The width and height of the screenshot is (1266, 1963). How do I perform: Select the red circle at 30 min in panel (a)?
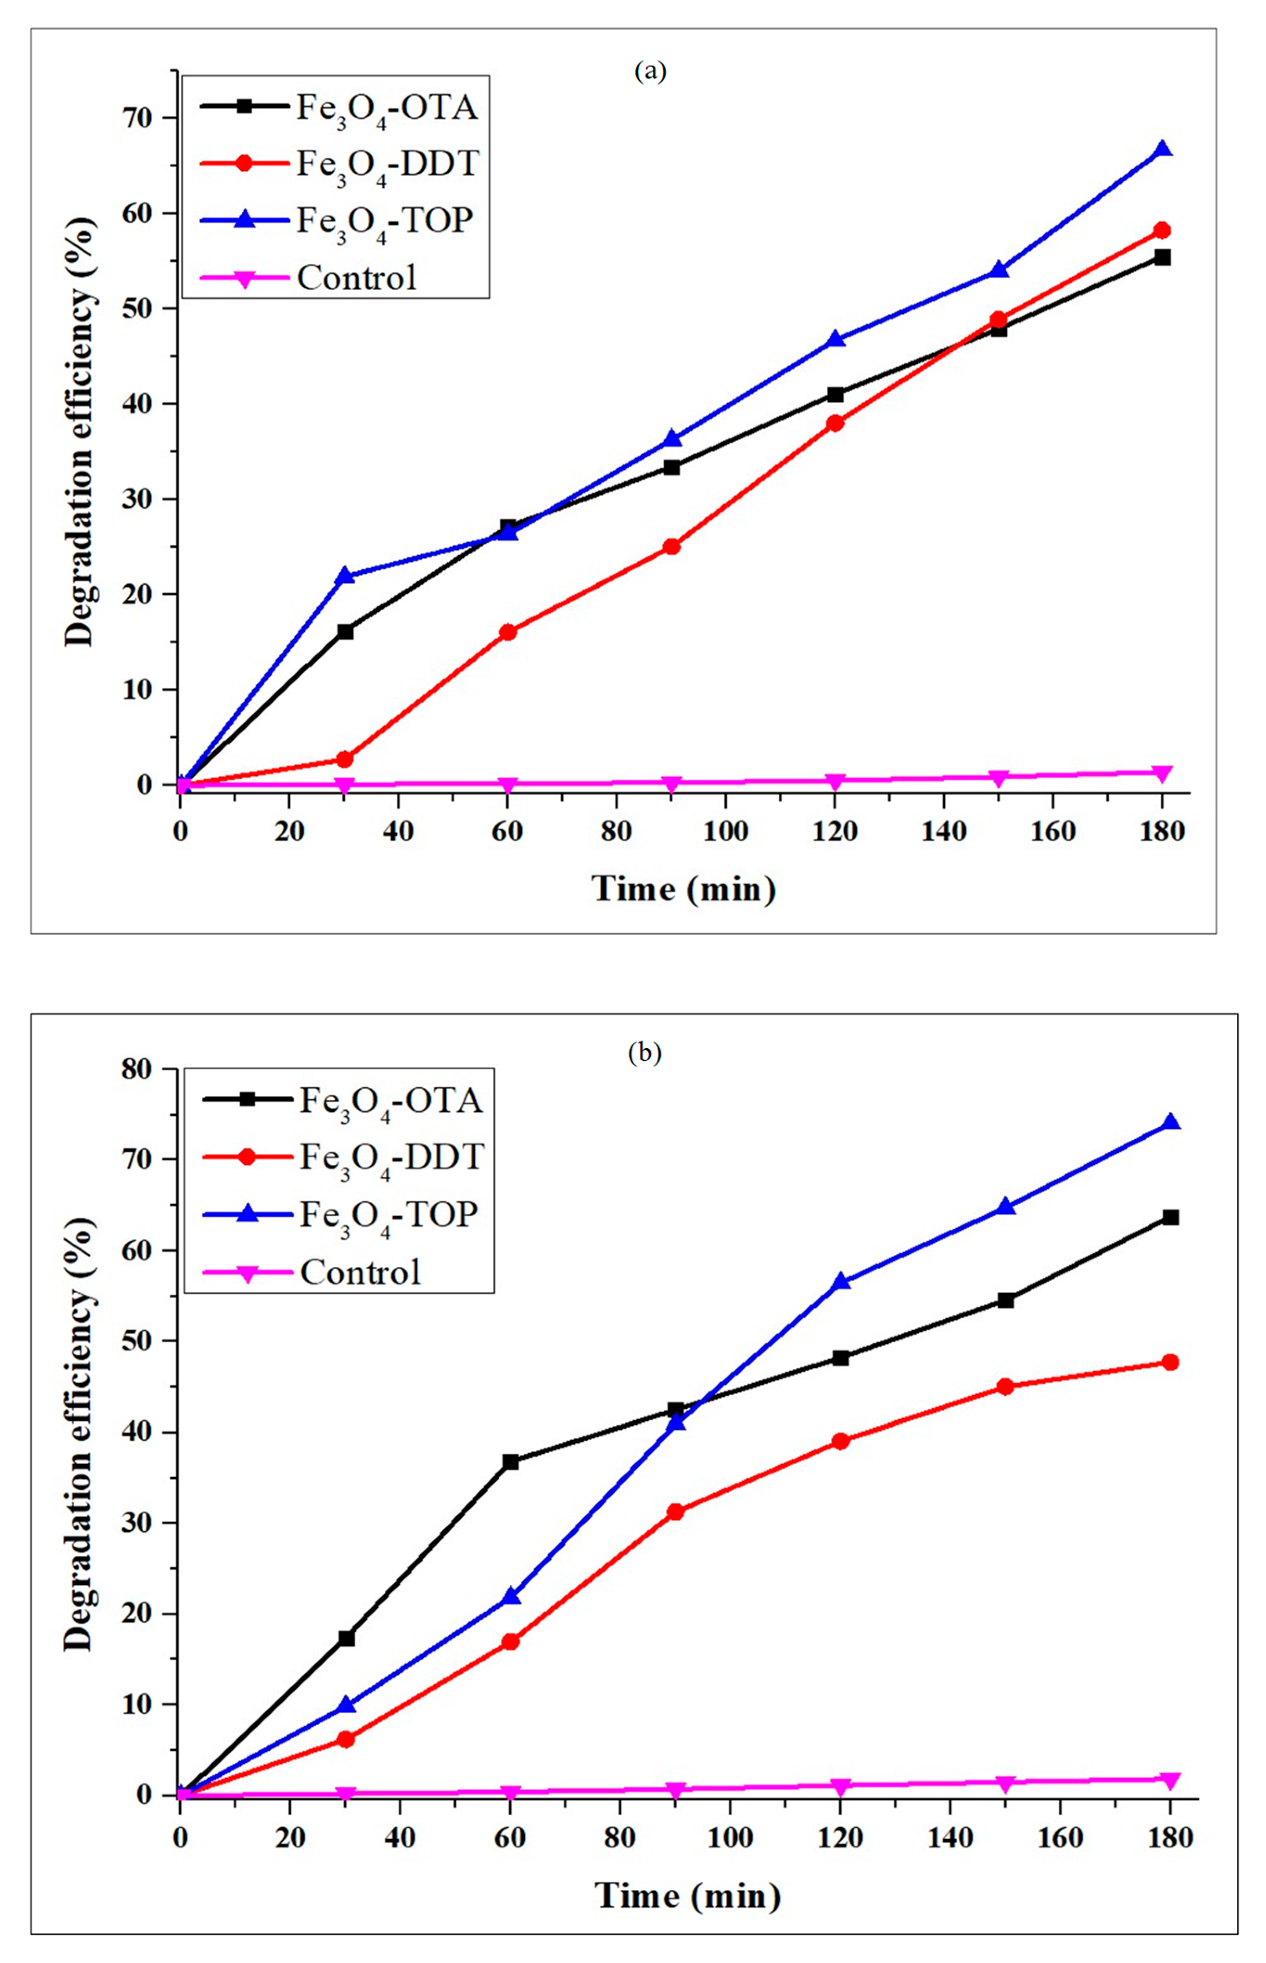345,759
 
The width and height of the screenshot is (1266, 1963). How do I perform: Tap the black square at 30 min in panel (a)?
345,631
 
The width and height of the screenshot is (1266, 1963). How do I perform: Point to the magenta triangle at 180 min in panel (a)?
1162,774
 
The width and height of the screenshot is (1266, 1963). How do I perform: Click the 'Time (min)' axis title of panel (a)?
684,889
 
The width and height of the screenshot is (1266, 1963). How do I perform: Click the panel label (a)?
650,71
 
